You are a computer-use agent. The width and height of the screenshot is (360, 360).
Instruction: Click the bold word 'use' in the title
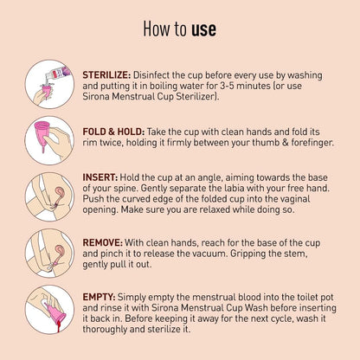[x=203, y=29]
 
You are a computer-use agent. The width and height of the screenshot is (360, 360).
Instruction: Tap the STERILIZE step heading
[x=106, y=75]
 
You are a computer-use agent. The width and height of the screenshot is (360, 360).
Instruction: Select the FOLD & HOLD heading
[x=113, y=132]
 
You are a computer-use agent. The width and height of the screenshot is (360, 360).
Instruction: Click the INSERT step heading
[x=100, y=177]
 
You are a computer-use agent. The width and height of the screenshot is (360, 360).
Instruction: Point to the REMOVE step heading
[x=103, y=242]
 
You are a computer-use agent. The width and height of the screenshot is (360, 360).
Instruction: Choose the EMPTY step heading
[x=99, y=297]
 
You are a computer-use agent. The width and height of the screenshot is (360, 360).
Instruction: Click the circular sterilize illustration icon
[x=49, y=84]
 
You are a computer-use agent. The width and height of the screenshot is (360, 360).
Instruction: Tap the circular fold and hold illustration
[x=49, y=140]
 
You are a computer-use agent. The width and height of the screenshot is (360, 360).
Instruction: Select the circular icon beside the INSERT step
[x=49, y=196]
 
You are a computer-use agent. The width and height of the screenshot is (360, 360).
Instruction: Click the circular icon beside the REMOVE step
[x=49, y=254]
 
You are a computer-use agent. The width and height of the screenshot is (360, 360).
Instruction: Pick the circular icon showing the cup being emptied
[x=49, y=310]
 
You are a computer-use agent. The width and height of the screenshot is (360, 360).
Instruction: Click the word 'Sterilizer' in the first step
[x=196, y=96]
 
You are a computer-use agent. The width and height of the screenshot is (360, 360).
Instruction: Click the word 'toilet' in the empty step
[x=299, y=297]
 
